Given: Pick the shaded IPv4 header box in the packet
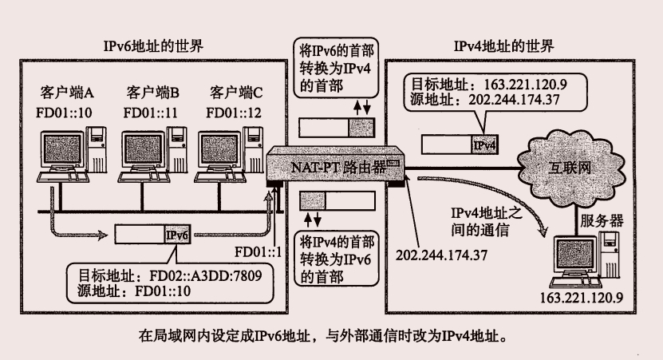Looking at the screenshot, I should click(484, 145).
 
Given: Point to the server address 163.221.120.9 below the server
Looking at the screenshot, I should click(581, 297).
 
